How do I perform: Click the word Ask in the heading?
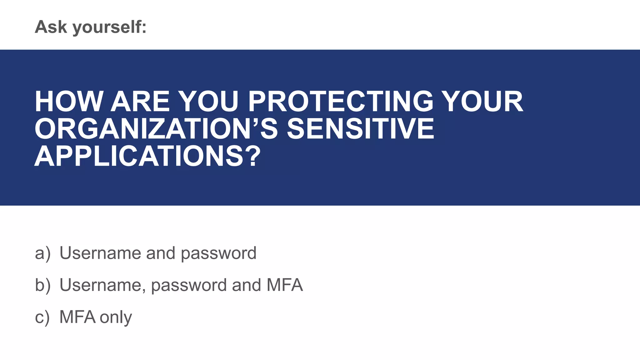tap(51, 27)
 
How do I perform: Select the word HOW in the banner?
tap(69, 102)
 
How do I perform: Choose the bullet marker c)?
tap(42, 317)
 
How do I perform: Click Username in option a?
tap(100, 253)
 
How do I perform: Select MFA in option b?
tap(284, 285)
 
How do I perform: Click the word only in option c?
tap(116, 317)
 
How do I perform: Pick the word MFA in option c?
tap(77, 317)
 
